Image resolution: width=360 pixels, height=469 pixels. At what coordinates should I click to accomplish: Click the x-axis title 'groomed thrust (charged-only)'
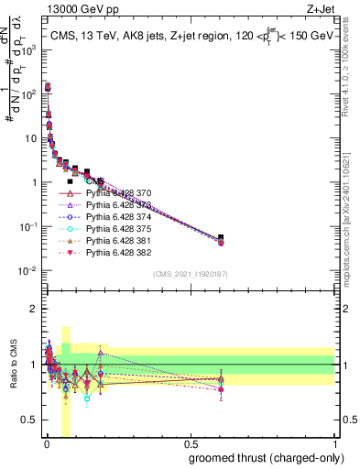[x=266, y=457]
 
